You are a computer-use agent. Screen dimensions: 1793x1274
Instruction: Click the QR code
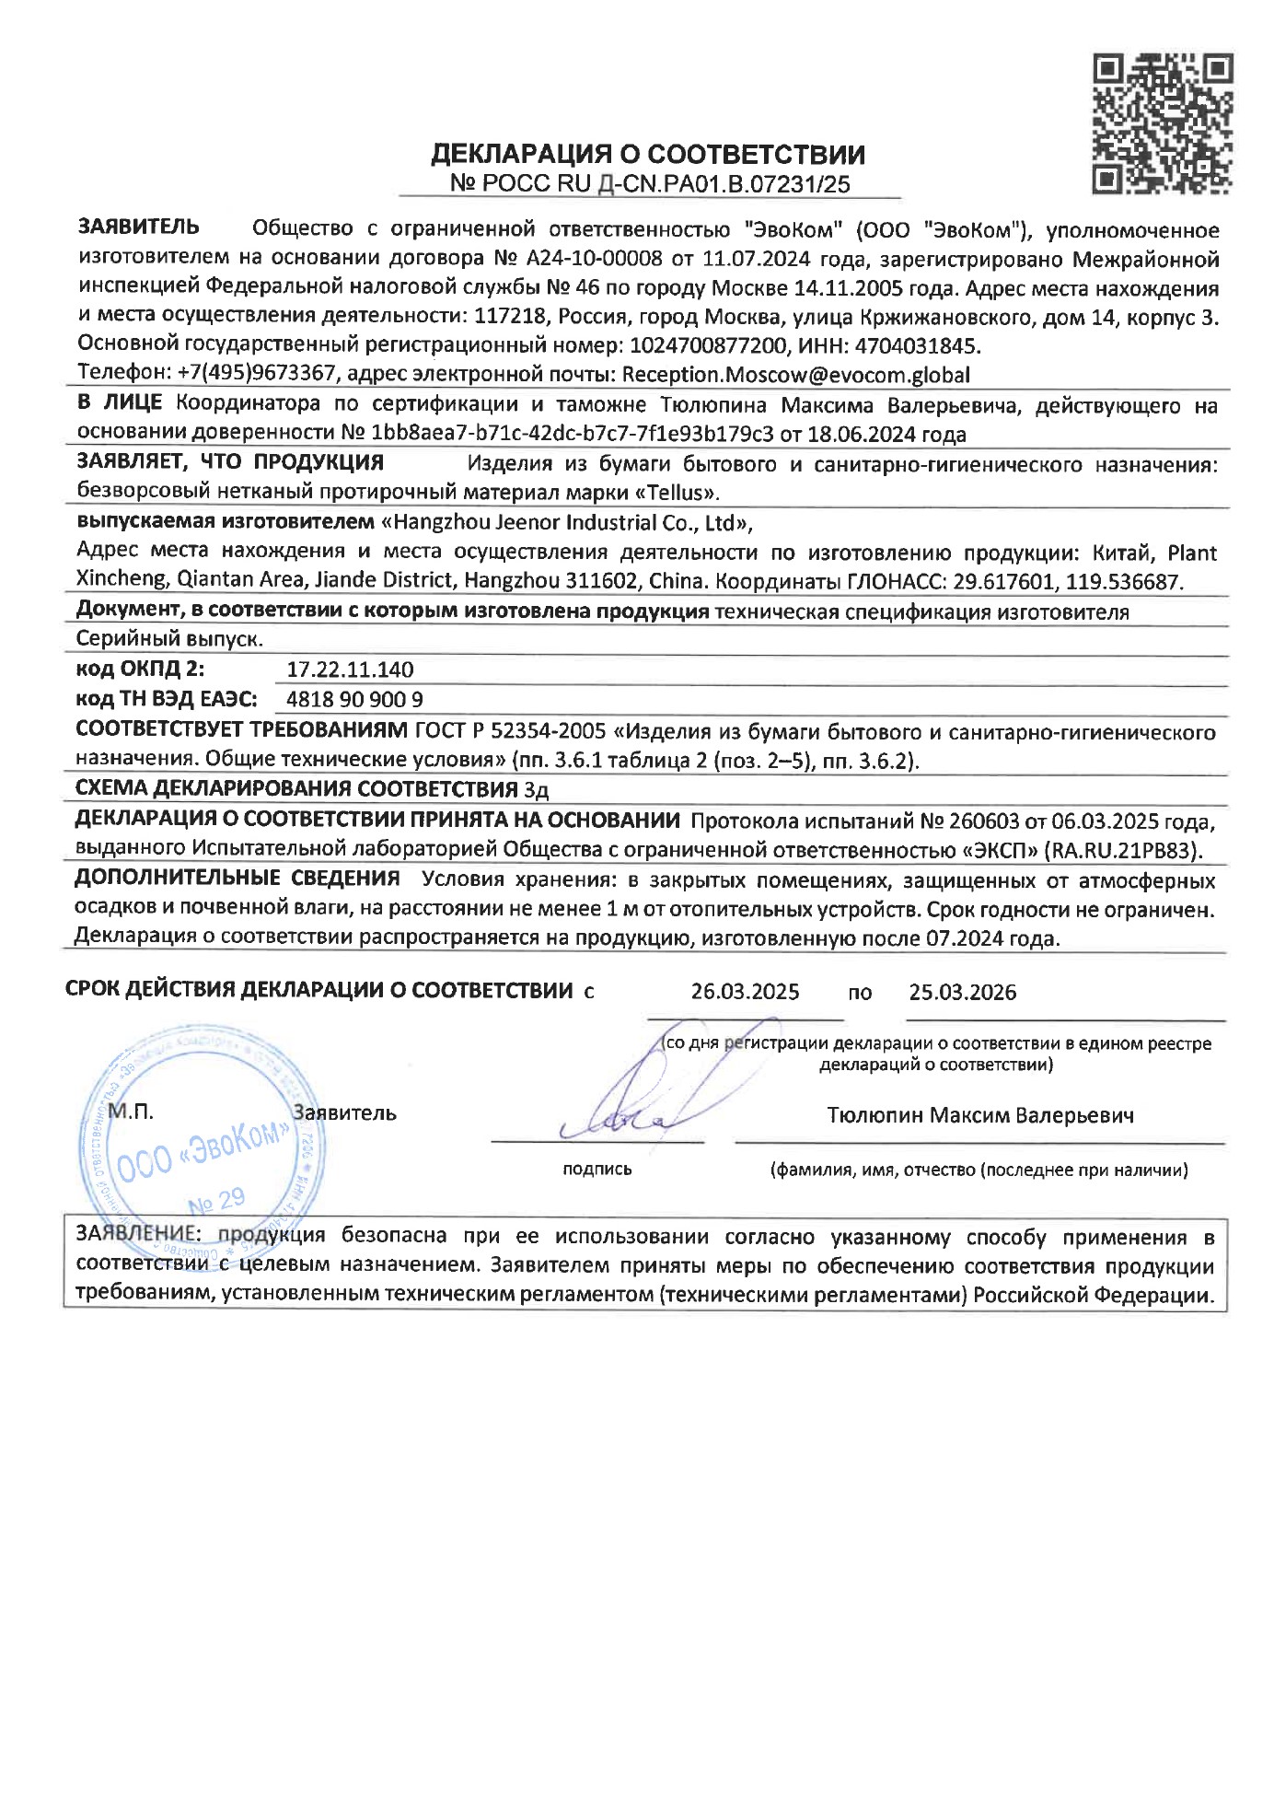click(1162, 123)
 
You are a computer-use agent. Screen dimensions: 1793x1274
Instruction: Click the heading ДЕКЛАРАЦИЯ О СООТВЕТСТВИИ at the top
click(648, 154)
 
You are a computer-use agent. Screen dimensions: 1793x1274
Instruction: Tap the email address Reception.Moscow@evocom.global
click(796, 375)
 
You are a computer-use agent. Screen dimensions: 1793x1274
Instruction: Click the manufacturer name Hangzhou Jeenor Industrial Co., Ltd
click(566, 523)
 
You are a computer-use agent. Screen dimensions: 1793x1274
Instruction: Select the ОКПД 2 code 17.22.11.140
click(350, 669)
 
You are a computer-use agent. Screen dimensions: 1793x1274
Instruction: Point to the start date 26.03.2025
click(745, 993)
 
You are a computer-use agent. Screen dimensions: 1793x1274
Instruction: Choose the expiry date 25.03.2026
click(962, 993)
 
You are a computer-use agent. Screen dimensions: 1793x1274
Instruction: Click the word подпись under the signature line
click(596, 1170)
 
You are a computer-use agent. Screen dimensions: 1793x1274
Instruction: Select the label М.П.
click(131, 1112)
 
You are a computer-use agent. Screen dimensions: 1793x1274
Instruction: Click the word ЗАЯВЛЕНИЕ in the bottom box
click(136, 1235)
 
